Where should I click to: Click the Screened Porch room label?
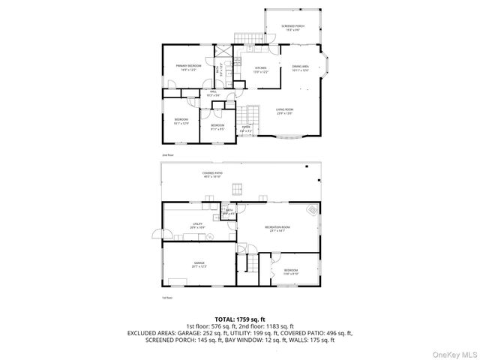tap(293, 28)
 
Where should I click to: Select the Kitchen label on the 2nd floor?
tap(261, 70)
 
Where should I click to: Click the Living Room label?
tap(283, 111)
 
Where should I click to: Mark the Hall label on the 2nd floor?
tap(202, 94)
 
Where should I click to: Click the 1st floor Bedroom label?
tap(290, 272)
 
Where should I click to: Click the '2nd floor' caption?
tap(167, 155)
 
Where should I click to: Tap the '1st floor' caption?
tap(167, 298)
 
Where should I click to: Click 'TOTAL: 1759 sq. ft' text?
tap(240, 319)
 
